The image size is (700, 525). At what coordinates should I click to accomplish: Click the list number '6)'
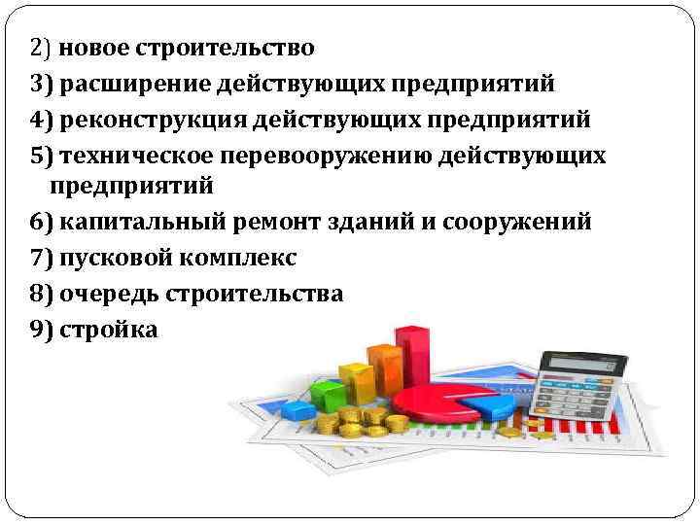[42, 222]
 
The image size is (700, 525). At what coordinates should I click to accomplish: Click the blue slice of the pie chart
[490, 400]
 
